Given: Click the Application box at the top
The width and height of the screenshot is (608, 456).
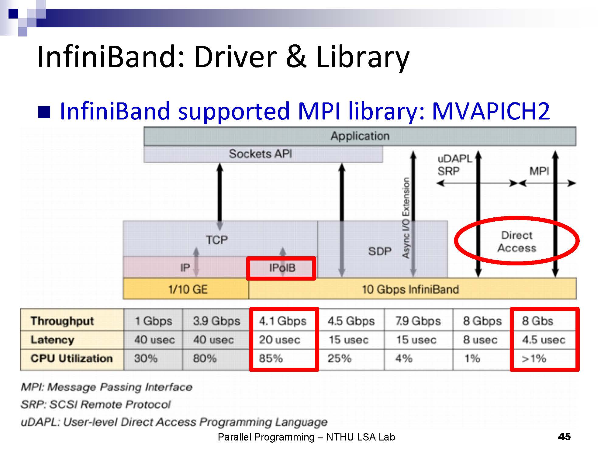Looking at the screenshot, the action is click(360, 136).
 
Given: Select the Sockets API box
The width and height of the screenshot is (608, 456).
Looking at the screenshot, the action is click(263, 154).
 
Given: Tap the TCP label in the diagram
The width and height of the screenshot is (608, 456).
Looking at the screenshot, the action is click(216, 240).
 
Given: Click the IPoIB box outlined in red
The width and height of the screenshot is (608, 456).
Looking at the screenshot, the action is click(281, 268).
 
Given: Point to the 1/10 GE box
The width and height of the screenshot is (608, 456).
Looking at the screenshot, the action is click(186, 289).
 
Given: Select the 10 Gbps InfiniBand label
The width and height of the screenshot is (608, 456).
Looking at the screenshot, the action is click(410, 289).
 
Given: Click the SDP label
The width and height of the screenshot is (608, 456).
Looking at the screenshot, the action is click(380, 251).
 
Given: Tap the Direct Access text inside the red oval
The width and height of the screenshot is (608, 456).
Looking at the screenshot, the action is click(517, 242).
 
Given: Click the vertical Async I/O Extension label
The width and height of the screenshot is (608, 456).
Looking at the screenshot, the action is click(406, 218).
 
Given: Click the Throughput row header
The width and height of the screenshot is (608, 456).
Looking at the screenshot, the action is click(62, 321).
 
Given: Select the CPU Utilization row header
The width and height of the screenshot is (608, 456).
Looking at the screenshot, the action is click(72, 358).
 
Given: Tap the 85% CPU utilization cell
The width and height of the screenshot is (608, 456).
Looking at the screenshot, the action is click(271, 359).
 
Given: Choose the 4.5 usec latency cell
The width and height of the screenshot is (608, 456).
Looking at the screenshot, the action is click(544, 340).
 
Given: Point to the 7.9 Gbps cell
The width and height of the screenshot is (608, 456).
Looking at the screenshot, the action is click(418, 321).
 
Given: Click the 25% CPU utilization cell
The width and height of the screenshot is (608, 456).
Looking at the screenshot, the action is click(339, 359).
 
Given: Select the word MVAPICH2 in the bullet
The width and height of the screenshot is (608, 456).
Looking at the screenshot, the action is click(491, 111).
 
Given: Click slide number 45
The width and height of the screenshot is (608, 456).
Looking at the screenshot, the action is click(564, 437).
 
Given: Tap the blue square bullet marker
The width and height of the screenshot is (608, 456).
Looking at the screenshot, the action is click(44, 112).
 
